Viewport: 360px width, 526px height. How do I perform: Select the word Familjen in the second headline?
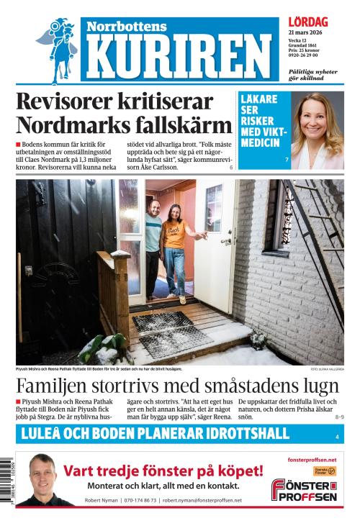tap(56, 385)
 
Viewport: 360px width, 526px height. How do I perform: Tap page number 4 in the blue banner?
tap(336, 437)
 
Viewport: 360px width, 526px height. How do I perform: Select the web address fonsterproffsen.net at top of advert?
tap(312, 459)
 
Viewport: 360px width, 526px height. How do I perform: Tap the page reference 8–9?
tap(338, 417)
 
